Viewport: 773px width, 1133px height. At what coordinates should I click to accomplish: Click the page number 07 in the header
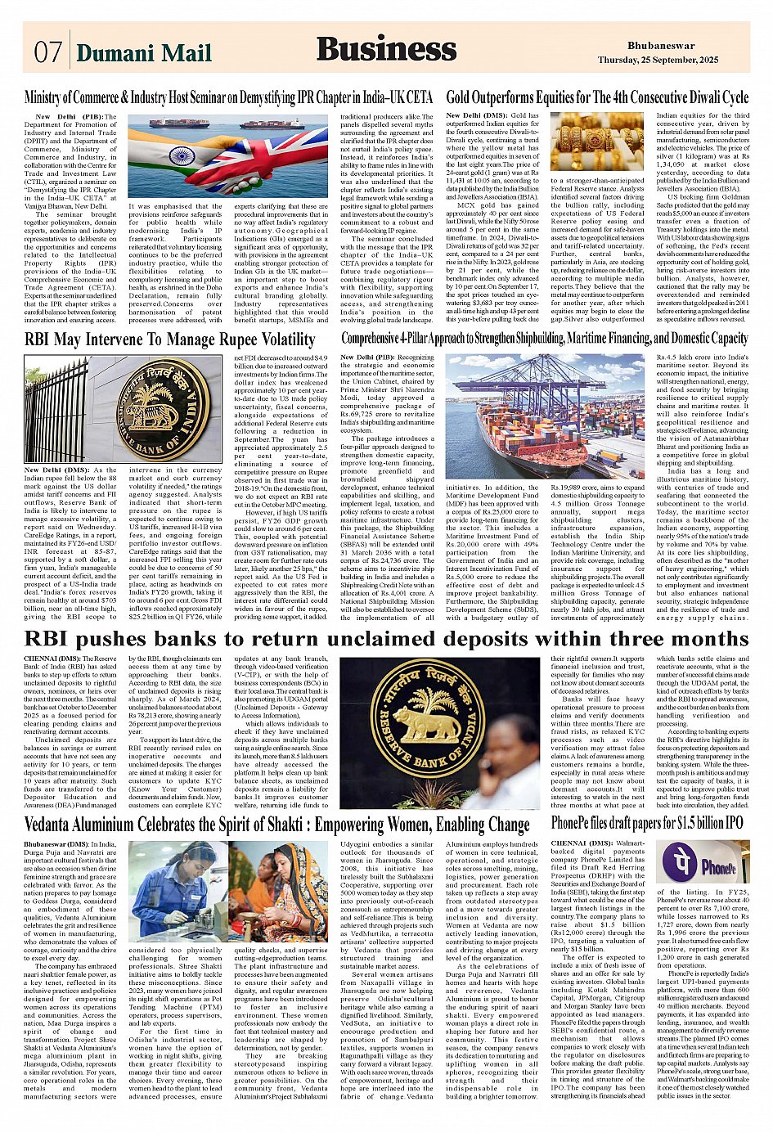pos(47,52)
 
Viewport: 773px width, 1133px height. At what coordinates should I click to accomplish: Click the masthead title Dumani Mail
pos(144,53)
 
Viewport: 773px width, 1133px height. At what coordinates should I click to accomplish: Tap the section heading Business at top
pos(386,49)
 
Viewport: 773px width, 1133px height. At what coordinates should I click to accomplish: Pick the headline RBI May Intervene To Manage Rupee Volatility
pos(169,339)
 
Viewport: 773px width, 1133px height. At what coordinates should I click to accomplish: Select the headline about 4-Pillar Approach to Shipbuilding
pos(545,339)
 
